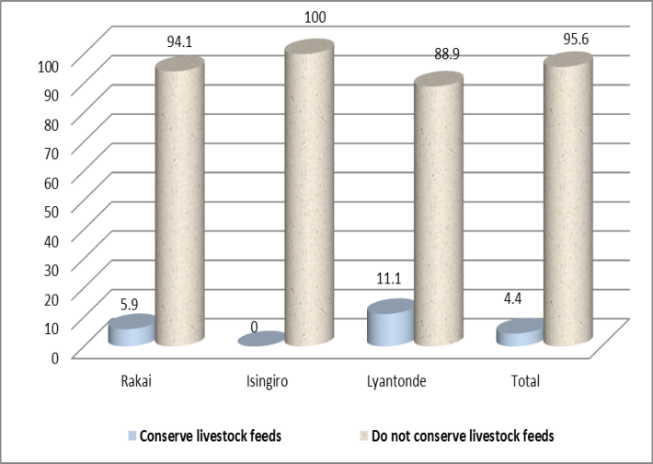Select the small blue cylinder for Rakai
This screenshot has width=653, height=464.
(x=131, y=331)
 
